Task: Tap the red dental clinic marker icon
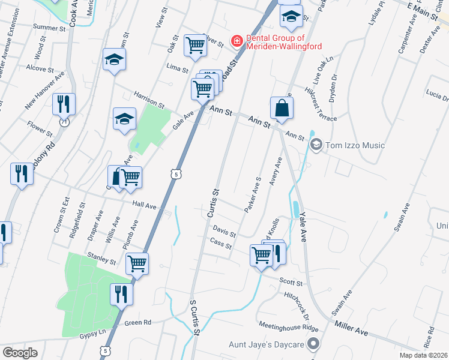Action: [x=237, y=41]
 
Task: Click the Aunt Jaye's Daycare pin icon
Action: [x=313, y=344]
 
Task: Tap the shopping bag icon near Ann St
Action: [x=282, y=109]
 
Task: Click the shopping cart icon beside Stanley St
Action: [x=137, y=263]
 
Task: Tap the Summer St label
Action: [x=49, y=28]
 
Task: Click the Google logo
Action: [x=20, y=352]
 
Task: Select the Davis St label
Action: [x=224, y=230]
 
